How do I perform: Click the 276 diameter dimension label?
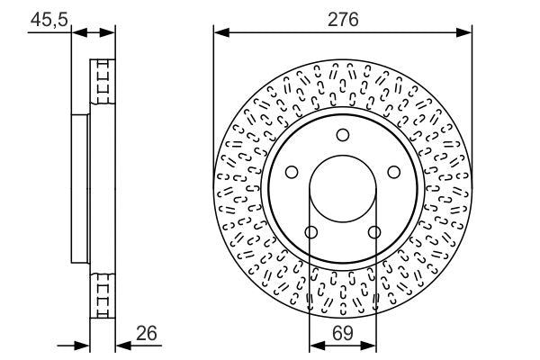coord(343,18)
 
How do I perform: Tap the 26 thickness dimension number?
coord(147,334)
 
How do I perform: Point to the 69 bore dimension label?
coord(342,333)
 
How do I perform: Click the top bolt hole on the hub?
coord(342,135)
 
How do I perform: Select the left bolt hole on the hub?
coord(291,172)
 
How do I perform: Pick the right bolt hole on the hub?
coord(393,172)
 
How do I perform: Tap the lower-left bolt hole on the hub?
coord(310,232)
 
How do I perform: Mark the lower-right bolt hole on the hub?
coord(373,232)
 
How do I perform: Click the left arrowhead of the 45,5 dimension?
coord(76,32)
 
